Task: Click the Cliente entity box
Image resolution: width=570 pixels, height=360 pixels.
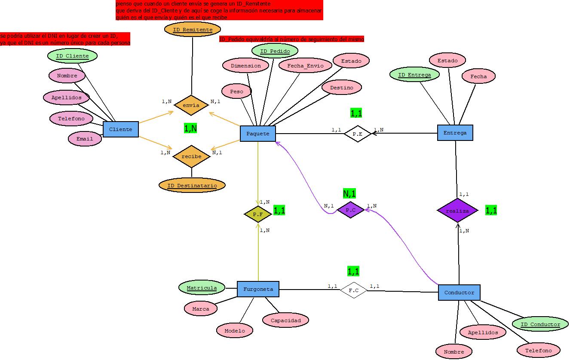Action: pos(121,129)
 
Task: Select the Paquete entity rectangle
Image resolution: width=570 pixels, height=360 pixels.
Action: pos(258,134)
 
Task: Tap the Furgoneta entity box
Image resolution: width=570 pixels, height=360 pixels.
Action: pos(258,289)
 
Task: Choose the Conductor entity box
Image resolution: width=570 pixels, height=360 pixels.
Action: pos(459,293)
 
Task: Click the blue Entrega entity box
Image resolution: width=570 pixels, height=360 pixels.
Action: pos(455,133)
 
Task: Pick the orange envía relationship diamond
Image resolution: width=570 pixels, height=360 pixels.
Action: pos(191,105)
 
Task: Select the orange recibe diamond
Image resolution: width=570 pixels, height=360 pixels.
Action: pos(191,156)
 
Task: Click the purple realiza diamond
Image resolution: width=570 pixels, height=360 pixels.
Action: pos(457,211)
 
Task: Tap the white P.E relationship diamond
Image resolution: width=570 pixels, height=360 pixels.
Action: pos(357,134)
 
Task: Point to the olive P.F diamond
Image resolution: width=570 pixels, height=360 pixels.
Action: pos(258,214)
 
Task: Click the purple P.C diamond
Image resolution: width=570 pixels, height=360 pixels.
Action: pos(351,210)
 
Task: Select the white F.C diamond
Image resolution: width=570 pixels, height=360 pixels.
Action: pos(354,290)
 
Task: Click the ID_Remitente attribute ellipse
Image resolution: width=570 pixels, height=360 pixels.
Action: pos(192,30)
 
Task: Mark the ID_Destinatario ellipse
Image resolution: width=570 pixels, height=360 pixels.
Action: pos(192,186)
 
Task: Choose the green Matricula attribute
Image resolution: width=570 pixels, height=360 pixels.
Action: pos(202,288)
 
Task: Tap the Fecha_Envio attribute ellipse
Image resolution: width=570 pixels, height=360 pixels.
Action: pos(305,66)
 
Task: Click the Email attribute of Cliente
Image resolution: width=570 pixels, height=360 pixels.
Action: pos(85,139)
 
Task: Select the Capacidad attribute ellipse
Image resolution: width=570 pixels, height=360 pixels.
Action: pos(286,320)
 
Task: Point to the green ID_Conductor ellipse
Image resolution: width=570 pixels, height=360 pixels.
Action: pos(540,324)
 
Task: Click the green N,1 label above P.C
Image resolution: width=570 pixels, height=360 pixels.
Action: pos(349,194)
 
